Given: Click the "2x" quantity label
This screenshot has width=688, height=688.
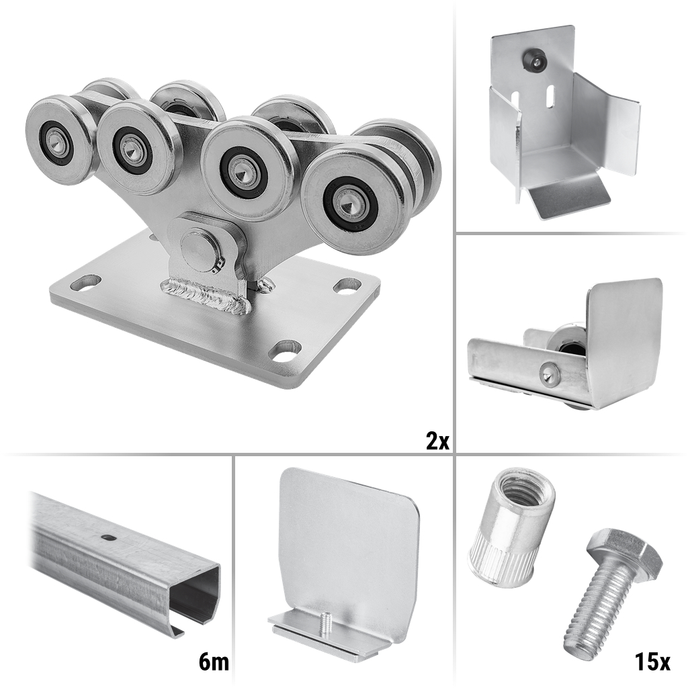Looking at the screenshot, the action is click(437, 440).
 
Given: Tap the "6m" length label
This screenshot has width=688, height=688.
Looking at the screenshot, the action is click(214, 662).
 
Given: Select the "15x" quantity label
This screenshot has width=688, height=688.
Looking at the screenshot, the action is click(652, 662).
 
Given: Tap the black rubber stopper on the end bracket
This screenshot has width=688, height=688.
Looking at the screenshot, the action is click(533, 60).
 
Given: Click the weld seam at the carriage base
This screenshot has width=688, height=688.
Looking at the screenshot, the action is click(206, 294).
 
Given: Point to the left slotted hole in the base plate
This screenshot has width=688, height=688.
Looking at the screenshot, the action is click(85, 283).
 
